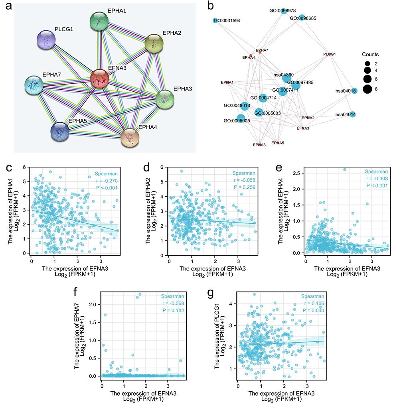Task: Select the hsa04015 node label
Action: tap(346, 91)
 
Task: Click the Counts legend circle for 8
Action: tap(367, 89)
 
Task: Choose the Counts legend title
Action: tap(370, 54)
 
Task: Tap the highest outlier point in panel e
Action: tap(344, 169)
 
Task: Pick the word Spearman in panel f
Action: tap(172, 296)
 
